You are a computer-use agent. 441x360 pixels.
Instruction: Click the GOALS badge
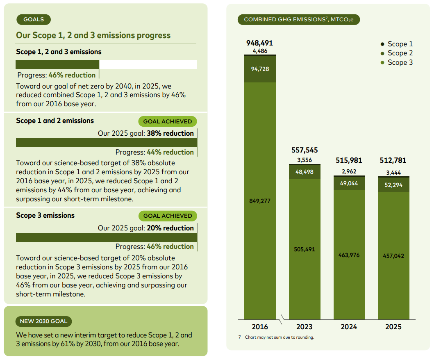click(34, 19)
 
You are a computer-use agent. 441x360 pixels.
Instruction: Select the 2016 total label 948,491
click(259, 43)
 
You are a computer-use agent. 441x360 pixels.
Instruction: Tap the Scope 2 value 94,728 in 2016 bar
click(260, 69)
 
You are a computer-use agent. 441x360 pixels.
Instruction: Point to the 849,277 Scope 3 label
click(259, 201)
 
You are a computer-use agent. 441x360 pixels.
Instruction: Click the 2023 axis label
click(304, 327)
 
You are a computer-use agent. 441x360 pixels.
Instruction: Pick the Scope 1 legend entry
click(397, 44)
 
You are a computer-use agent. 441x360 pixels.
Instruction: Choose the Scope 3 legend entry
click(397, 62)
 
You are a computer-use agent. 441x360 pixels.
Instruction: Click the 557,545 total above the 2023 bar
click(305, 150)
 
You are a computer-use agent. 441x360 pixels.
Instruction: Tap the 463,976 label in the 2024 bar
click(349, 255)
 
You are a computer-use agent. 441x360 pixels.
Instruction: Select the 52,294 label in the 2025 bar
click(393, 185)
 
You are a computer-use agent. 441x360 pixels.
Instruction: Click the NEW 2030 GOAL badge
click(43, 321)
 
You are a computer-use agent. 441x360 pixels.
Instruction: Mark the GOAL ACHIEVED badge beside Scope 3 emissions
click(168, 216)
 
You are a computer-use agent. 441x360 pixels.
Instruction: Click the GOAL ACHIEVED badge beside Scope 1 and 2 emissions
click(168, 122)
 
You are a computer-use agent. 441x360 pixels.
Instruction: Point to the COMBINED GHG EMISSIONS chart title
click(299, 20)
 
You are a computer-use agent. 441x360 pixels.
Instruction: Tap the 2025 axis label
click(393, 327)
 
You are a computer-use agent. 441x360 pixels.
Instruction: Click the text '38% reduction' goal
click(170, 133)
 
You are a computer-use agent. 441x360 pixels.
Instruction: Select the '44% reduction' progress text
click(170, 152)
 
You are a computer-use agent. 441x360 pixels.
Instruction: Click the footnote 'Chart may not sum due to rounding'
click(280, 337)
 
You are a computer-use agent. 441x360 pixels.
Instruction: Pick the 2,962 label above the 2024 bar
click(349, 171)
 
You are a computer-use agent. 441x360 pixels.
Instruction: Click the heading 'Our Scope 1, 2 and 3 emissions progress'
click(93, 35)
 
